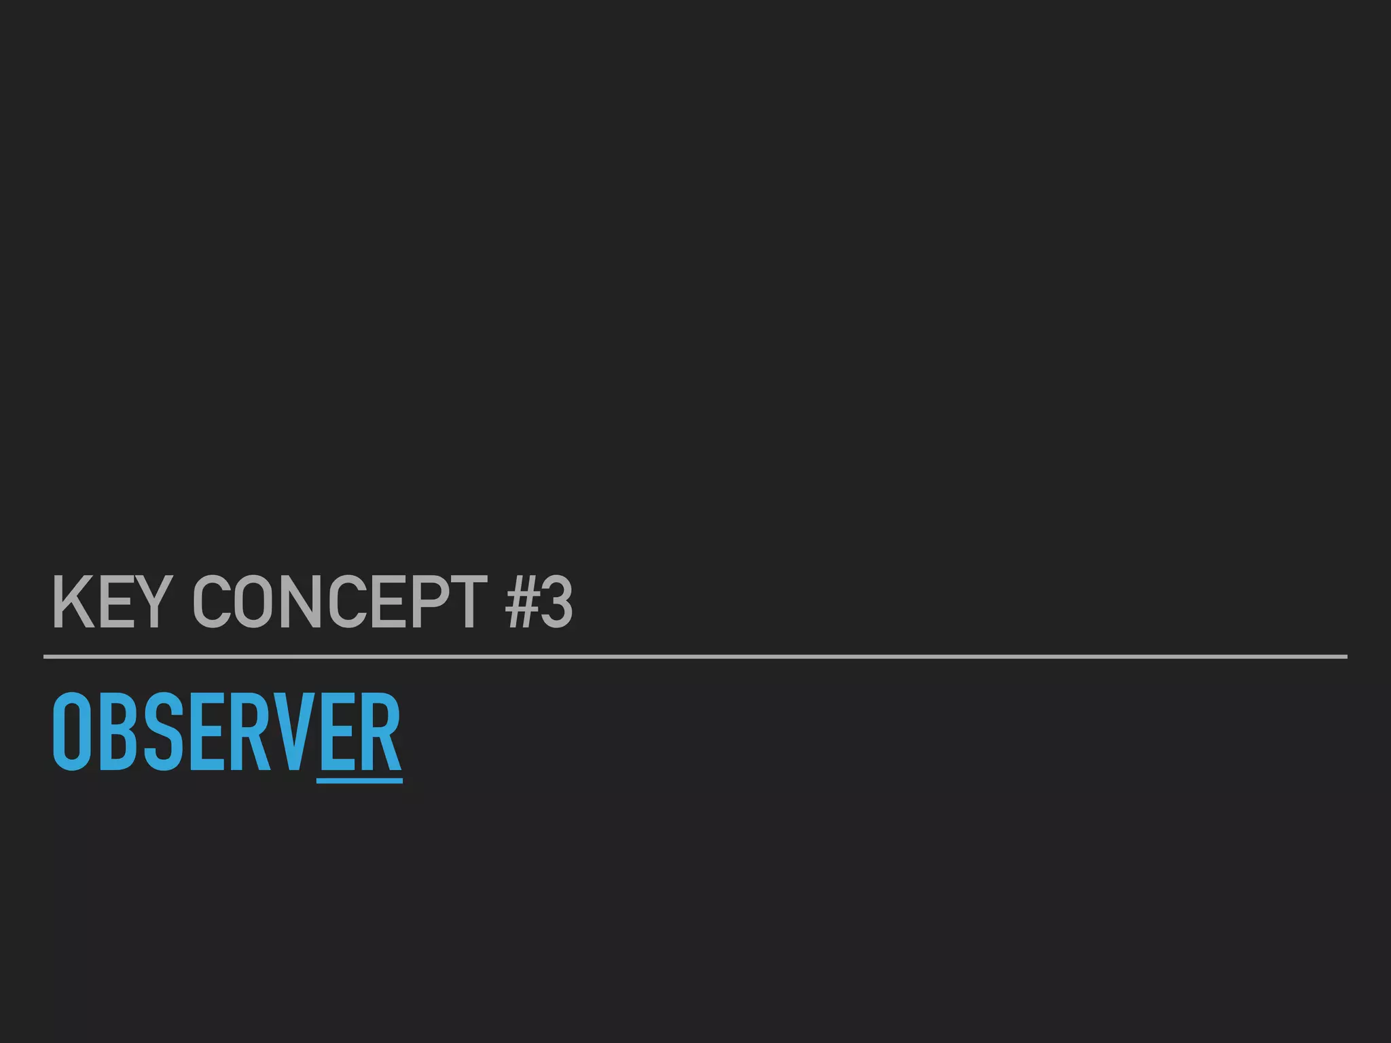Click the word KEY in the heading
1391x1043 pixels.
point(109,602)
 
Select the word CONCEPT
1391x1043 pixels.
point(340,602)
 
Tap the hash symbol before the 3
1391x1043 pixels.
point(522,602)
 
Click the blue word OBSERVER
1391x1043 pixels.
point(227,732)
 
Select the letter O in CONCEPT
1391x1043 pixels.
point(253,602)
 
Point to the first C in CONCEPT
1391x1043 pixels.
point(212,602)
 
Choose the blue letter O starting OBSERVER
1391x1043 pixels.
point(71,732)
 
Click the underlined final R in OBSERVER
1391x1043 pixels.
point(380,732)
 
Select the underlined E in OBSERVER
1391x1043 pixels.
point(337,732)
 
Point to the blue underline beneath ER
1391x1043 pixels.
point(360,781)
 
